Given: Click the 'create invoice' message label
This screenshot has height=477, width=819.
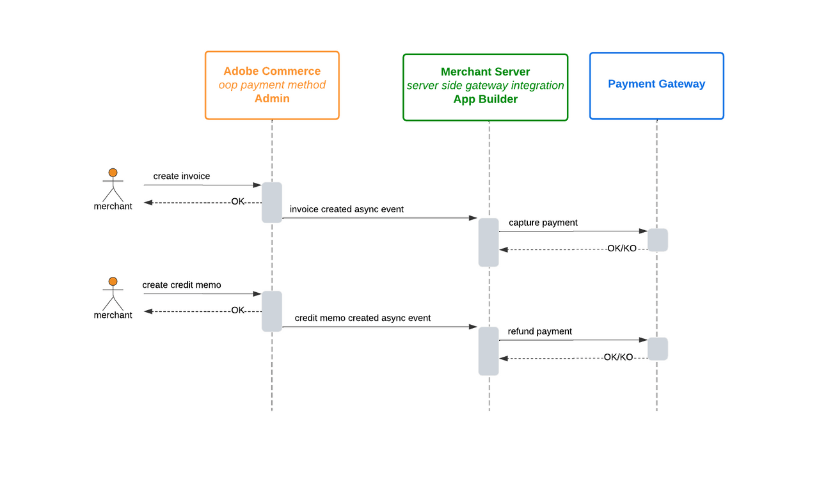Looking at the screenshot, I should coord(182,176).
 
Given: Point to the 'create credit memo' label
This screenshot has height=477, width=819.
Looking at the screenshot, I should coord(182,285).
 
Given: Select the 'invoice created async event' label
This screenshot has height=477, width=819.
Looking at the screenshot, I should coord(347,209).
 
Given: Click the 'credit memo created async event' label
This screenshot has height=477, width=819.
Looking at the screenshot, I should coord(363,318).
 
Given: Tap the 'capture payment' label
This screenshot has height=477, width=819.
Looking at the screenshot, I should coord(543,223).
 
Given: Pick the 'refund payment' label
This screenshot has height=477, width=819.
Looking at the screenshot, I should coord(540,331).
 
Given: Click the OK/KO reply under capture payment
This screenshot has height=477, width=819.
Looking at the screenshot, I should coord(622,248).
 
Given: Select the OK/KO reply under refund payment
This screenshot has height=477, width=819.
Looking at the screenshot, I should coord(618,357).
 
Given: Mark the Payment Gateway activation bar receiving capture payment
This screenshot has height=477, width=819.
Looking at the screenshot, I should coord(658,240).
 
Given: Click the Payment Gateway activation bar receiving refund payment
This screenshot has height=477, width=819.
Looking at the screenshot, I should coord(658,348).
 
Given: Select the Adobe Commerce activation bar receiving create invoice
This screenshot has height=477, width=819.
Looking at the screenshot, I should coord(272,203).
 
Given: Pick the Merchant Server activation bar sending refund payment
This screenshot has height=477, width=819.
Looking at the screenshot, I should coord(489,351).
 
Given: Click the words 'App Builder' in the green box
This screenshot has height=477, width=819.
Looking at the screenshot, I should coord(485,99).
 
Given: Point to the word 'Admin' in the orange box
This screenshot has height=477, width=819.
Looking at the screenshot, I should coord(272,98).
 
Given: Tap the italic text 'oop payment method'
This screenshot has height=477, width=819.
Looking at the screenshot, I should coord(272,85).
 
